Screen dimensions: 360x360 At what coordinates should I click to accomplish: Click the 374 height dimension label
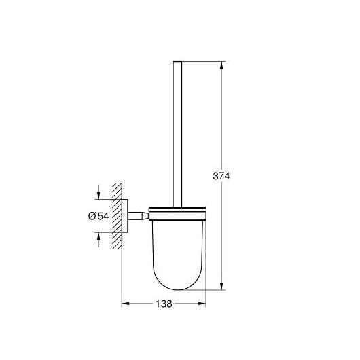pos(221,176)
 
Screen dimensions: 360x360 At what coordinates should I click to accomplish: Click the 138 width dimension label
pos(164,304)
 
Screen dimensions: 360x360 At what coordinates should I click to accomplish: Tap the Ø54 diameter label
pos(98,216)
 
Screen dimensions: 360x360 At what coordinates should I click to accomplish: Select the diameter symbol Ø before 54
pos(92,216)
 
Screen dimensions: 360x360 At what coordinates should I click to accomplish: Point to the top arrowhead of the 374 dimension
pos(221,65)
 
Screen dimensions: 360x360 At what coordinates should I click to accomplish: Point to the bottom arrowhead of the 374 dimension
pos(221,286)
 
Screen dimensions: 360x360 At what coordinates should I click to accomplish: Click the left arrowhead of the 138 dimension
pos(126,304)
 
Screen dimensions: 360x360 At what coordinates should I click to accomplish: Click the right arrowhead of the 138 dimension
pos(202,304)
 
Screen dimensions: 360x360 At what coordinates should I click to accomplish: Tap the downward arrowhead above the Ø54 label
pos(98,196)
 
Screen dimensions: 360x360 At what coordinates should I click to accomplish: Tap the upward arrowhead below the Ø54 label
pos(98,236)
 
